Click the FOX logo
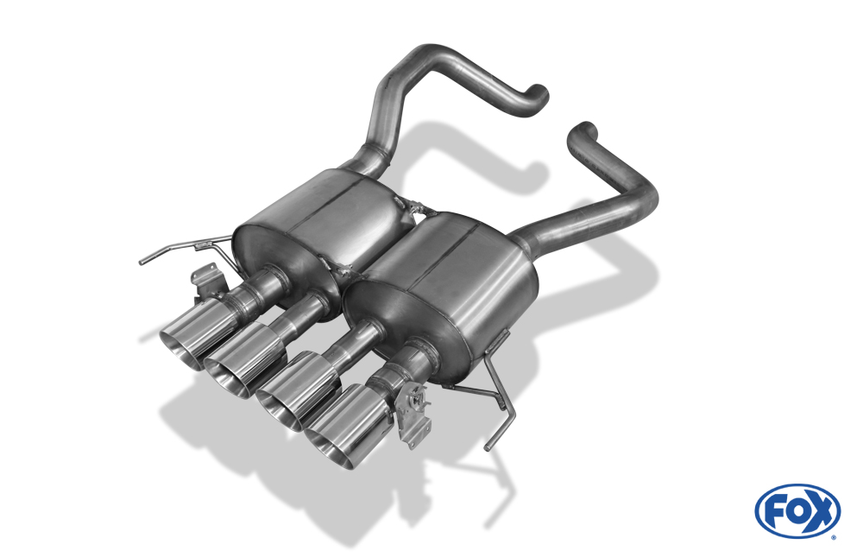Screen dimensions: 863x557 (x=797, y=510)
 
